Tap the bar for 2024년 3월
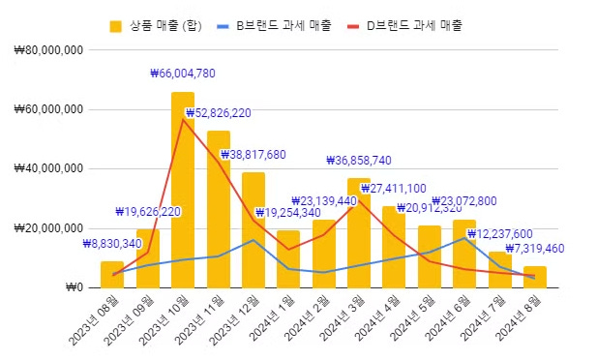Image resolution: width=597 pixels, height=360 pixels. coord(359,232)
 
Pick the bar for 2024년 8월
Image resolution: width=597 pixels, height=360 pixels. coord(535,277)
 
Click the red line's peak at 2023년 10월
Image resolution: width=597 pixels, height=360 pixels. coord(183,119)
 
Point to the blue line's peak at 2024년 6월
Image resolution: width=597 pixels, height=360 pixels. coord(464,237)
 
